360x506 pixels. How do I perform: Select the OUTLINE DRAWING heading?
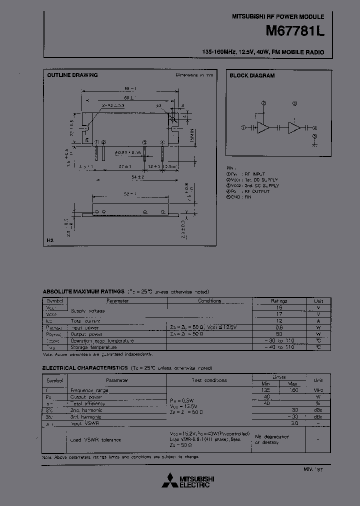tap(72, 75)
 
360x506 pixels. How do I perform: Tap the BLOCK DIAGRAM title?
tap(252, 75)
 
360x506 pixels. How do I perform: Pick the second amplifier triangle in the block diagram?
tap(295, 127)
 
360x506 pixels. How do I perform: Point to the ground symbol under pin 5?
tap(314, 143)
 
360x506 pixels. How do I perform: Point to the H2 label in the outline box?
tap(50, 240)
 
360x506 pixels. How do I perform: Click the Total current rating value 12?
tap(279, 321)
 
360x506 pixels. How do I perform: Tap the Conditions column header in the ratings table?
tap(209, 301)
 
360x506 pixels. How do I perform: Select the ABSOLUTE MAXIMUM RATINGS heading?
tap(83, 291)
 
